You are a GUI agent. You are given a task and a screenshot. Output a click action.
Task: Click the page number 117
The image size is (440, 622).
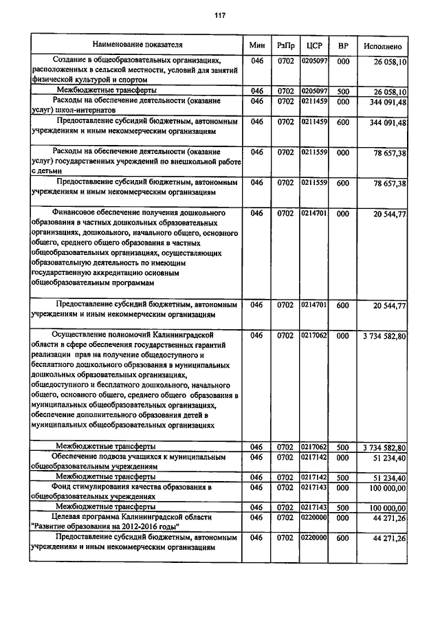coord(219,15)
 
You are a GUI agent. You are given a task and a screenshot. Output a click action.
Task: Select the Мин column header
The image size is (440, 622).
coord(257,45)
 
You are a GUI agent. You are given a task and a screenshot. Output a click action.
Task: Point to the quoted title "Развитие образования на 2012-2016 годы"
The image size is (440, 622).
coord(106,526)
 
